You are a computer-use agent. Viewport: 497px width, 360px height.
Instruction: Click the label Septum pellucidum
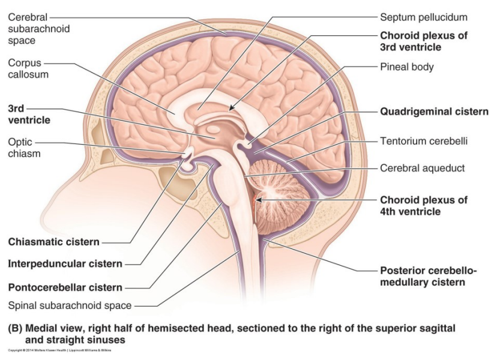(423, 17)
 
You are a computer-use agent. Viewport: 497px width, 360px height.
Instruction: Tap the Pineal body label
(406, 67)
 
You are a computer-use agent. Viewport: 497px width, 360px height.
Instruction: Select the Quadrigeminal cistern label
(434, 112)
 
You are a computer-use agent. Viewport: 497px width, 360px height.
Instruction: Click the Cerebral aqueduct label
(422, 169)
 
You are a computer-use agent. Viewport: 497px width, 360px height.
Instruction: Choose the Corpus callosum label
(28, 68)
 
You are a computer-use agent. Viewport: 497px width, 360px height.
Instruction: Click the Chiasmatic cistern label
(53, 242)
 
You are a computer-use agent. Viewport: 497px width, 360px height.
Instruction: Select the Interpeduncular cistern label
(65, 264)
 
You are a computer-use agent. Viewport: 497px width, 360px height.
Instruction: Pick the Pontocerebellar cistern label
(65, 287)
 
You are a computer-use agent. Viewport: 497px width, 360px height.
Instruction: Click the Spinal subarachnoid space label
(70, 305)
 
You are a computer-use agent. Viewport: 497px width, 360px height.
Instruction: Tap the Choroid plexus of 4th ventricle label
(423, 205)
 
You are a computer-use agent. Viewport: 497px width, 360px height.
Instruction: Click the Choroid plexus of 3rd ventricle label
(423, 41)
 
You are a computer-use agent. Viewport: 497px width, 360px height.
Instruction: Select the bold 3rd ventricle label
(29, 115)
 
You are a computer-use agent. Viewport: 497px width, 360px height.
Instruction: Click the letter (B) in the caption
(16, 328)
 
